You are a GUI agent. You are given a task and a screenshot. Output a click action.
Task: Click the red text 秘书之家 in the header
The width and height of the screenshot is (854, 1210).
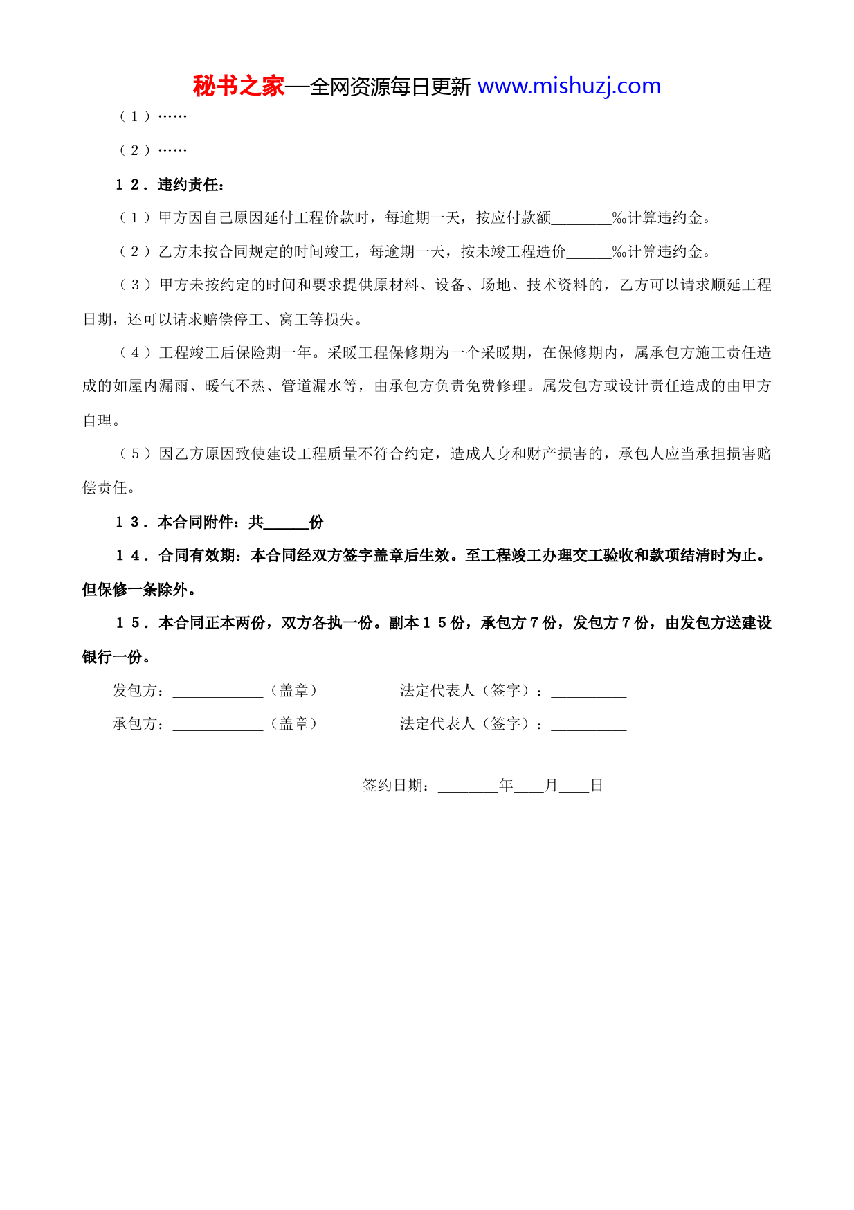point(239,87)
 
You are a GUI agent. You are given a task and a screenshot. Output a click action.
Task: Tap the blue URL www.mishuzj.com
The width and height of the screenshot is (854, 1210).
point(569,87)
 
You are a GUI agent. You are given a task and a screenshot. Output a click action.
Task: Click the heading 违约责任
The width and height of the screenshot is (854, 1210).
point(190,185)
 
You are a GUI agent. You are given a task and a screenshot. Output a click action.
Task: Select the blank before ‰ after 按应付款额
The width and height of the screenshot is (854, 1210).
point(581,219)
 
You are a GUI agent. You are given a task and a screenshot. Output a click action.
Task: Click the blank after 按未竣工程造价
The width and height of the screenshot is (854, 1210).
point(588,253)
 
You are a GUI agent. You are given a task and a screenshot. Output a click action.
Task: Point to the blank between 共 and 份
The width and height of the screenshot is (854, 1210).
point(286,523)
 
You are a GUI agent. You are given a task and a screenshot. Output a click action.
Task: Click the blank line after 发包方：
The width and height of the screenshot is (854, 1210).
point(218,692)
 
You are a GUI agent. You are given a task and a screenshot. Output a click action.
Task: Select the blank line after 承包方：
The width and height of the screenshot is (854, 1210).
point(218,725)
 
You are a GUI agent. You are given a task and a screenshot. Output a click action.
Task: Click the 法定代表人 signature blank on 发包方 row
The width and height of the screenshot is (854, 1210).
point(588,692)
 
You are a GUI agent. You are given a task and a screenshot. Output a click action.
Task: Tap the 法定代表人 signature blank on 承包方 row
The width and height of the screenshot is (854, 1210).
point(588,725)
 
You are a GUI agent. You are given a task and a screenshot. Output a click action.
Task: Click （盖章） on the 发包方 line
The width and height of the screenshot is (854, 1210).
point(294,691)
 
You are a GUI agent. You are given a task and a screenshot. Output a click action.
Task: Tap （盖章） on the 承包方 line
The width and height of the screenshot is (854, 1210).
point(294,724)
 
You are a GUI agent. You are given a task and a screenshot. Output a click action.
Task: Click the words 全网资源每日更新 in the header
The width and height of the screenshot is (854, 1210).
point(390,87)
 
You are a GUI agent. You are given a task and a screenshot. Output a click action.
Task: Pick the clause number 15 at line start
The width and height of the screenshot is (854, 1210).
point(129,624)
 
